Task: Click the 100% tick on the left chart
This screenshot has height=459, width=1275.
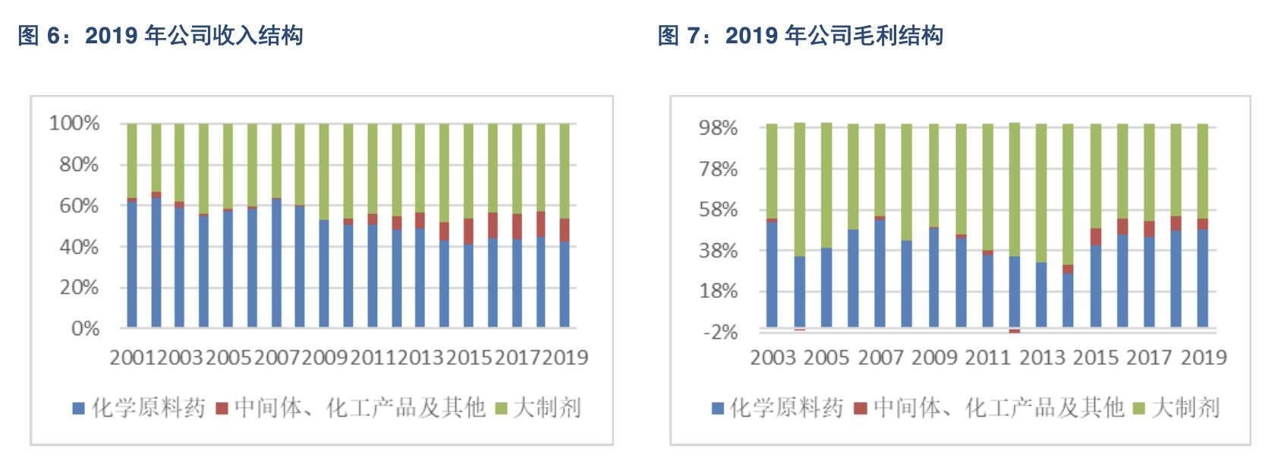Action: (x=74, y=123)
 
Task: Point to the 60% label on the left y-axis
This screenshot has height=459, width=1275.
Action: (x=79, y=205)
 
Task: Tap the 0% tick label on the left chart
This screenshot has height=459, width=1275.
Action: (x=85, y=328)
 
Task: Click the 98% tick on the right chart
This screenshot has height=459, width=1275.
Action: (x=718, y=128)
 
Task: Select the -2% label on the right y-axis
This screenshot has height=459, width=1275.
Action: (x=720, y=332)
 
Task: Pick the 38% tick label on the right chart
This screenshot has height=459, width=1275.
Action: (x=718, y=250)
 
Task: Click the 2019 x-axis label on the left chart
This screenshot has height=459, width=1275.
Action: (x=565, y=357)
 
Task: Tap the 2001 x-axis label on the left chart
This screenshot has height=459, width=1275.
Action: (x=133, y=357)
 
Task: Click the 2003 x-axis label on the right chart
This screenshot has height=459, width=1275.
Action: (x=773, y=357)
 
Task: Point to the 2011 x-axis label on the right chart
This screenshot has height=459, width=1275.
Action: (x=987, y=357)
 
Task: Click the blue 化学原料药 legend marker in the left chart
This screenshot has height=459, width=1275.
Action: (x=78, y=409)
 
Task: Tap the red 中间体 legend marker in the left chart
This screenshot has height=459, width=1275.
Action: (x=222, y=409)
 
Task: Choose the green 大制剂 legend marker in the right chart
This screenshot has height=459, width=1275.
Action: (x=1138, y=409)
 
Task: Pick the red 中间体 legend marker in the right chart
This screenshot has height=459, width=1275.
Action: (x=861, y=409)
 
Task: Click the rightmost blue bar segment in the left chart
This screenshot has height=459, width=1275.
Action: (x=565, y=285)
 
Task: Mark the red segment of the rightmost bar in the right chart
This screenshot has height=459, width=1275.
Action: (x=1202, y=224)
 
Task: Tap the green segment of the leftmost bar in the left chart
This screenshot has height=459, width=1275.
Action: (x=132, y=160)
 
